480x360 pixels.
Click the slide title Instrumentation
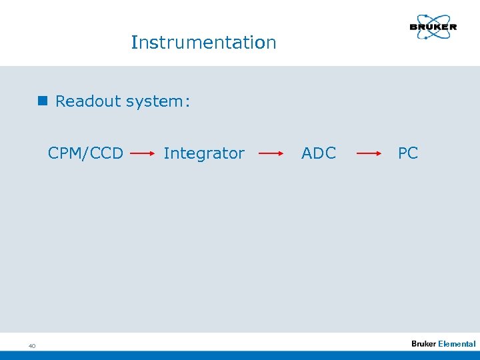pyautogui.click(x=203, y=43)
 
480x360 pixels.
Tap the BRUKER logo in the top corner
pyautogui.click(x=433, y=28)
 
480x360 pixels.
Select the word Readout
pyautogui.click(x=85, y=101)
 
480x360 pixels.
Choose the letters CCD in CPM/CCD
pyautogui.click(x=107, y=153)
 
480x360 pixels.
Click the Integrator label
pyautogui.click(x=204, y=153)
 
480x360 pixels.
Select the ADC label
pyautogui.click(x=319, y=153)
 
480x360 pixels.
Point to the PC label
pyautogui.click(x=408, y=153)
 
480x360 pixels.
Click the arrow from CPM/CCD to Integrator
pyautogui.click(x=143, y=153)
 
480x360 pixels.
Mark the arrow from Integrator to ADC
pyautogui.click(x=271, y=153)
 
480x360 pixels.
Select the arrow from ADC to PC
pyautogui.click(x=368, y=153)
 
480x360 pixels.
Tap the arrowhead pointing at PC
pyautogui.click(x=379, y=153)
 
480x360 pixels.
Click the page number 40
pyautogui.click(x=31, y=345)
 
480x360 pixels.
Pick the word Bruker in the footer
pyautogui.click(x=423, y=344)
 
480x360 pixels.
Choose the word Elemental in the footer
pyautogui.click(x=457, y=344)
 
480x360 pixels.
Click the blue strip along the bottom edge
pyautogui.click(x=240, y=355)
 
